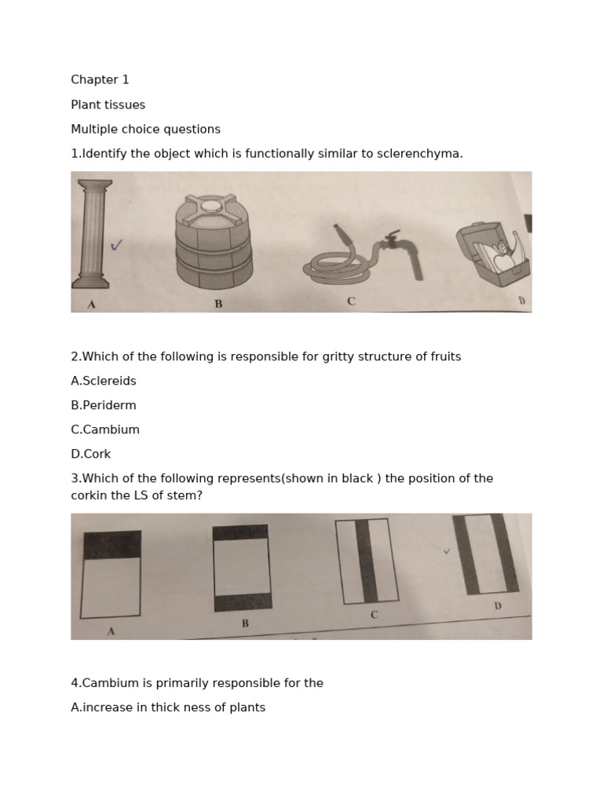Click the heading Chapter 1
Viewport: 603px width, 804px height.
tap(100, 79)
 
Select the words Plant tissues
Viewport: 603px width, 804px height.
tap(108, 104)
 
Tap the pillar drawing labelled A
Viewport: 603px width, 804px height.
tap(91, 233)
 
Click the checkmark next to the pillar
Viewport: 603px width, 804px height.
tap(116, 246)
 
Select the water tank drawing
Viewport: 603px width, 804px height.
tap(214, 242)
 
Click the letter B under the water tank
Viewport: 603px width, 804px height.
tap(218, 303)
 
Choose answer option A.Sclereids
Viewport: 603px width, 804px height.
tap(104, 381)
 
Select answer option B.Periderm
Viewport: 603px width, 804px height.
tap(104, 405)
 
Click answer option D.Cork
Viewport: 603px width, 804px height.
tap(91, 454)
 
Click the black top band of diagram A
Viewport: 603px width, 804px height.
tap(112, 545)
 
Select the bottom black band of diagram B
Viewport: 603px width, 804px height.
tap(243, 602)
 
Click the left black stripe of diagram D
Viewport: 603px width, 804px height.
tap(467, 554)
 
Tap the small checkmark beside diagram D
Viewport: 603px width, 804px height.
tap(447, 551)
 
